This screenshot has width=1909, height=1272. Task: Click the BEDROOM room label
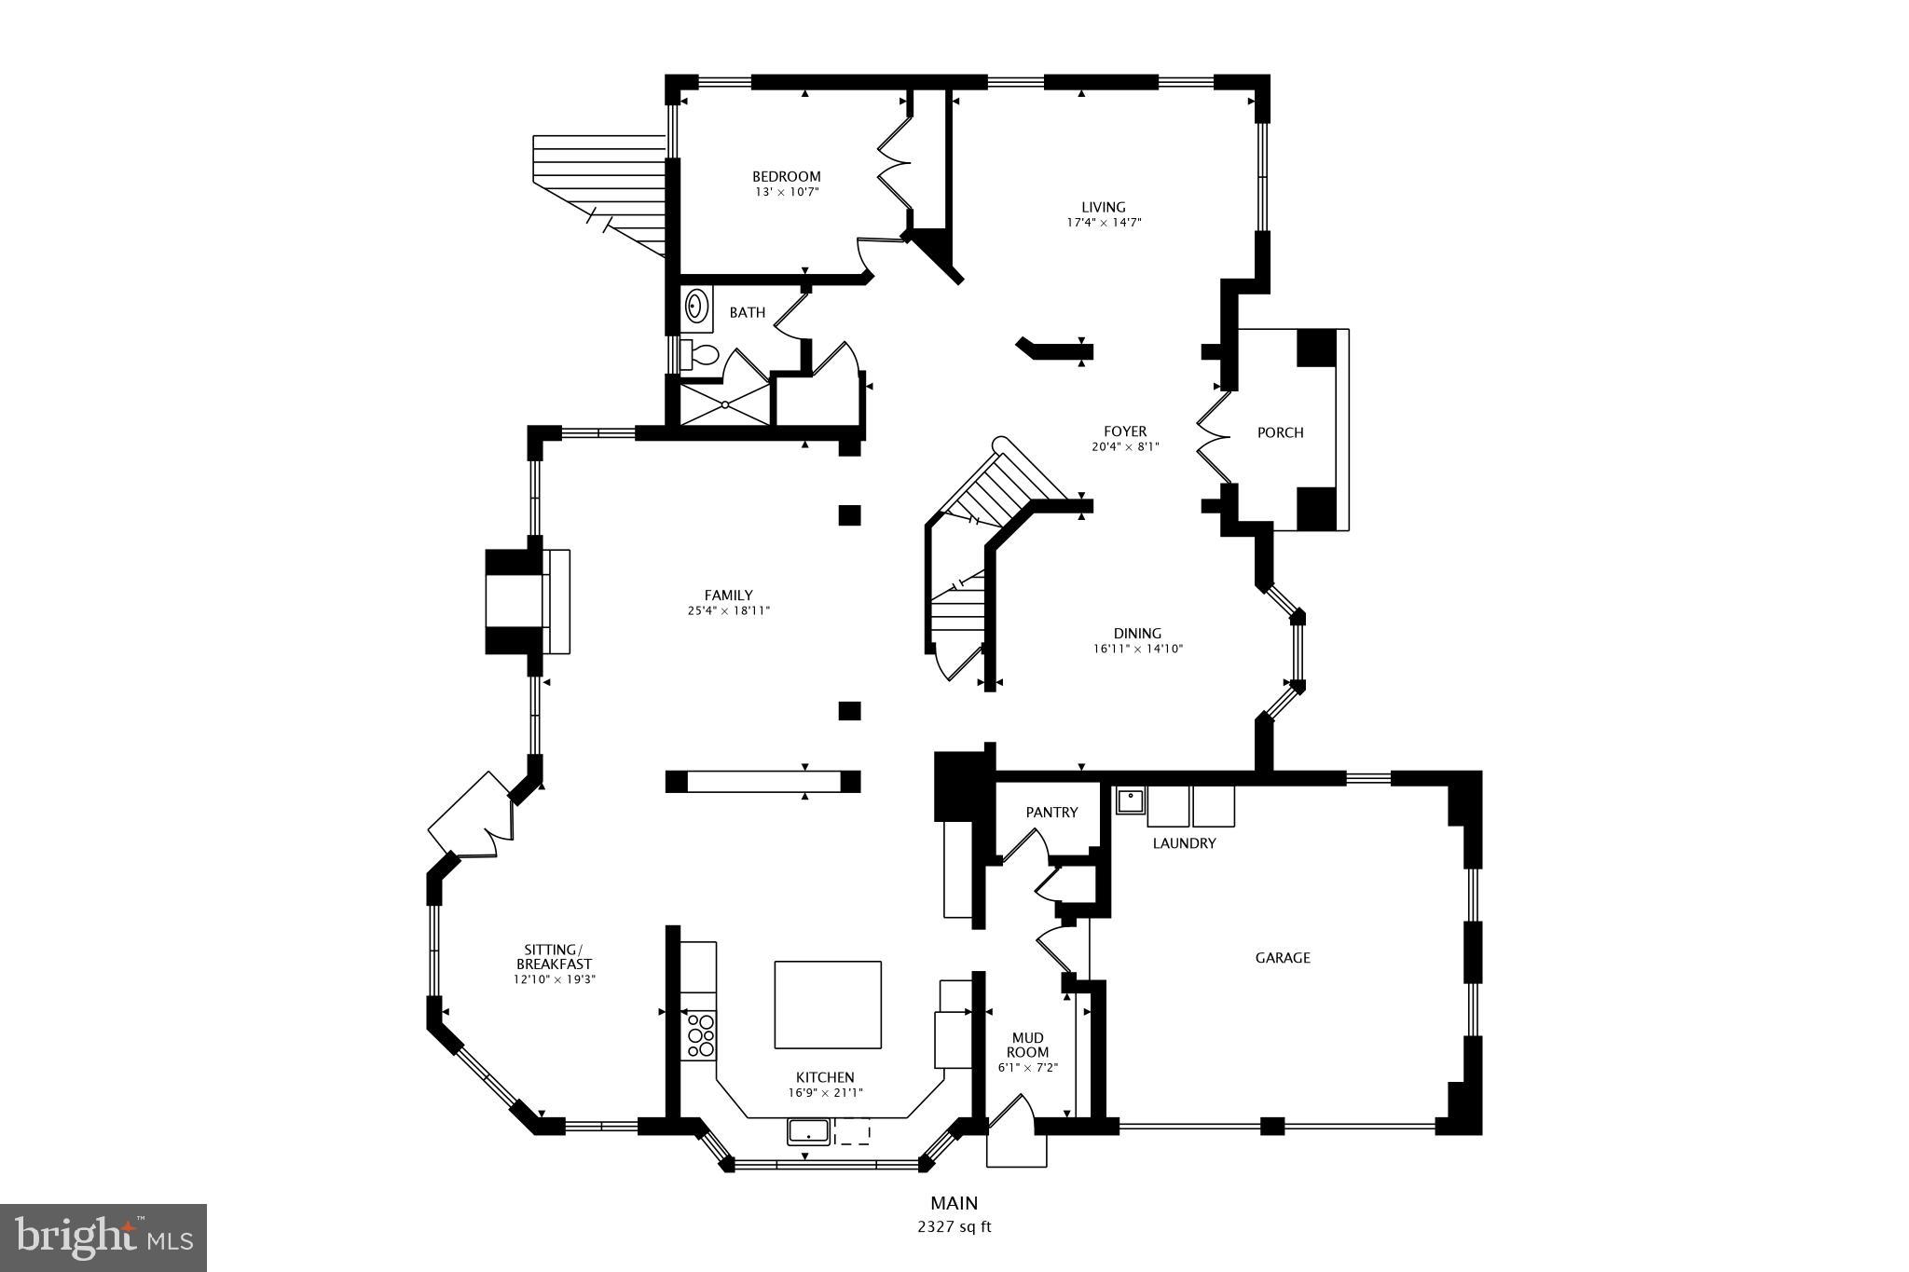click(786, 176)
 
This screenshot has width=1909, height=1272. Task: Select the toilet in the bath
click(702, 355)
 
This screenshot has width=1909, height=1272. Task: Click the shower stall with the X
click(725, 404)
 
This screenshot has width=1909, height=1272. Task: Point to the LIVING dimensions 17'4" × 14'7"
click(1104, 223)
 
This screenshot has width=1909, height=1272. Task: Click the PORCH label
click(1280, 432)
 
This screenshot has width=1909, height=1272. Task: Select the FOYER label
click(1125, 431)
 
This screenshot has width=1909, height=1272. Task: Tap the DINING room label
click(1137, 633)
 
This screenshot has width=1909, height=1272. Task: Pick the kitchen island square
click(828, 1005)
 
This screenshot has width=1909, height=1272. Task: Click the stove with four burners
click(700, 1034)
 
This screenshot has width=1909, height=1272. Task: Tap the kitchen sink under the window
click(808, 1131)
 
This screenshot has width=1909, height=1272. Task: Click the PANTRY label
click(1051, 812)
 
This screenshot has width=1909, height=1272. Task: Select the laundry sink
click(1131, 800)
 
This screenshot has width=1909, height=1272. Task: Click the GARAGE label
click(1282, 957)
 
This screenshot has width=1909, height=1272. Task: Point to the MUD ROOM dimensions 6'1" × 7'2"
click(1027, 1068)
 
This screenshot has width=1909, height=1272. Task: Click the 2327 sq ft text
click(954, 1226)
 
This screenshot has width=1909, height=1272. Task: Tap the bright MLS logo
click(103, 1237)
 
